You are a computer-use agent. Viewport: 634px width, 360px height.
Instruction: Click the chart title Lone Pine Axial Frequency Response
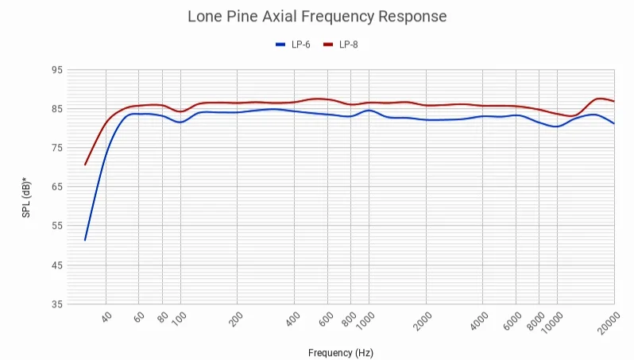point(317,16)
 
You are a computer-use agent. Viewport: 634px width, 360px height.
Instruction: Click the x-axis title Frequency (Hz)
point(340,352)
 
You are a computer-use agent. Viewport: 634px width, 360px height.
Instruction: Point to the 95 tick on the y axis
point(56,70)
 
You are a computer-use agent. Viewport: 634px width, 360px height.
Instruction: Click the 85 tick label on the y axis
point(56,109)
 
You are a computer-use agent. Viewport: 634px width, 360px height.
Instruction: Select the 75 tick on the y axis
point(56,148)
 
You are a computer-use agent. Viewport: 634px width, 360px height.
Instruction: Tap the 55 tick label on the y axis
point(56,226)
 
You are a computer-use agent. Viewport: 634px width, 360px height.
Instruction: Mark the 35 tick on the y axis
point(56,304)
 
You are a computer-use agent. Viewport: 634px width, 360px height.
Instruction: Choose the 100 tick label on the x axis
point(179,319)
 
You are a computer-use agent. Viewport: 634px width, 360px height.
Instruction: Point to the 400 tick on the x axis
point(292,319)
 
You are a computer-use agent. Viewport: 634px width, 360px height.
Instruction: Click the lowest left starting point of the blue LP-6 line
point(85,239)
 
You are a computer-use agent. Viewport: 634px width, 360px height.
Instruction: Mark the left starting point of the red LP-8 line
point(85,165)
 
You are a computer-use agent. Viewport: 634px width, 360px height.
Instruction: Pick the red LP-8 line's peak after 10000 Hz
point(600,99)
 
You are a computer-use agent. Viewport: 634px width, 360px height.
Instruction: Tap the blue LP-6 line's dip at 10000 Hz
point(556,126)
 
